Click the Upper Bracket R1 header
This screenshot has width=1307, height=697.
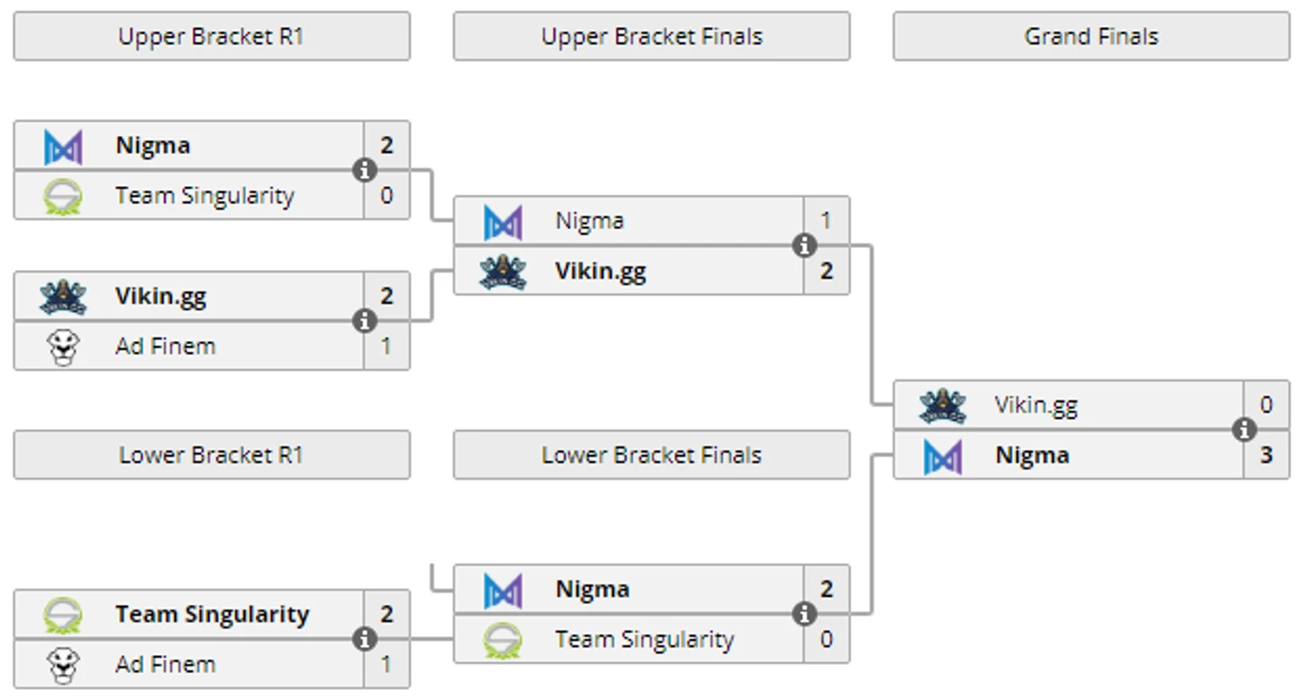211,37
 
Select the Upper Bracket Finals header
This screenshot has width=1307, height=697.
652,37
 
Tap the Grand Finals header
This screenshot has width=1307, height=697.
1091,37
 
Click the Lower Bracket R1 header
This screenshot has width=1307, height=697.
211,455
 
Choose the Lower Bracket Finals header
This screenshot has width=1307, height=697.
652,455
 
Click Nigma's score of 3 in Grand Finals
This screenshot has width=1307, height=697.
1267,455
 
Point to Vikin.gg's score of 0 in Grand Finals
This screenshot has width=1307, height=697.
1267,405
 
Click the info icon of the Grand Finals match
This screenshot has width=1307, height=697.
1243,430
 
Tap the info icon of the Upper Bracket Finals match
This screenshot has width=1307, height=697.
804,245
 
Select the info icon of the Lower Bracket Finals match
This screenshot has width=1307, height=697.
804,614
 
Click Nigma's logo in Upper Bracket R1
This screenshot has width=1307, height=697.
64,147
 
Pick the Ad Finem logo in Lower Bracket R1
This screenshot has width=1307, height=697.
64,665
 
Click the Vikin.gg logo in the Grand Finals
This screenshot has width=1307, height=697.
943,406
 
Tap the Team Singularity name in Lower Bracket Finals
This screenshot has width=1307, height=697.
645,640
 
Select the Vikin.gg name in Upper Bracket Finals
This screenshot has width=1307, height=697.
601,271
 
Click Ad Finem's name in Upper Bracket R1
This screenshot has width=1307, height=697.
166,346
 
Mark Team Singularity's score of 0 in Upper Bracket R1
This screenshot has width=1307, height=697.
387,196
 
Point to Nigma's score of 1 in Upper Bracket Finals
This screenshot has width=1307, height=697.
826,221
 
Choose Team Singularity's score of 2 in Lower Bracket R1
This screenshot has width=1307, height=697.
387,615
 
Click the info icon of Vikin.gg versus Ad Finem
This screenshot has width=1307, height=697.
364,321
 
